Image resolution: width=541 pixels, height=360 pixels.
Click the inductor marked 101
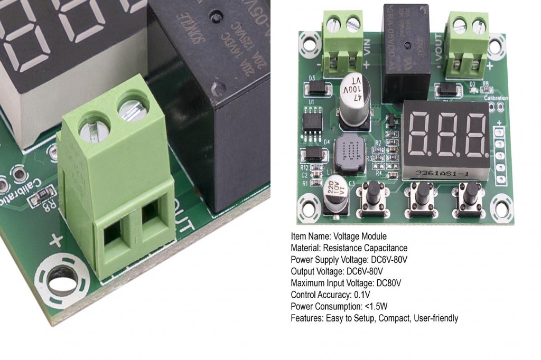pyautogui.click(x=350, y=154)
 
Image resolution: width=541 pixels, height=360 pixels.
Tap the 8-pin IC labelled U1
pyautogui.click(x=312, y=120)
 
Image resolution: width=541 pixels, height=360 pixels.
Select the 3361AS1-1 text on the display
pyautogui.click(x=439, y=173)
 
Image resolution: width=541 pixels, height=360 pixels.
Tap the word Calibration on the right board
pyautogui.click(x=495, y=98)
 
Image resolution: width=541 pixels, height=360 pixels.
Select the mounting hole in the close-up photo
pyautogui.click(x=61, y=283)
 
